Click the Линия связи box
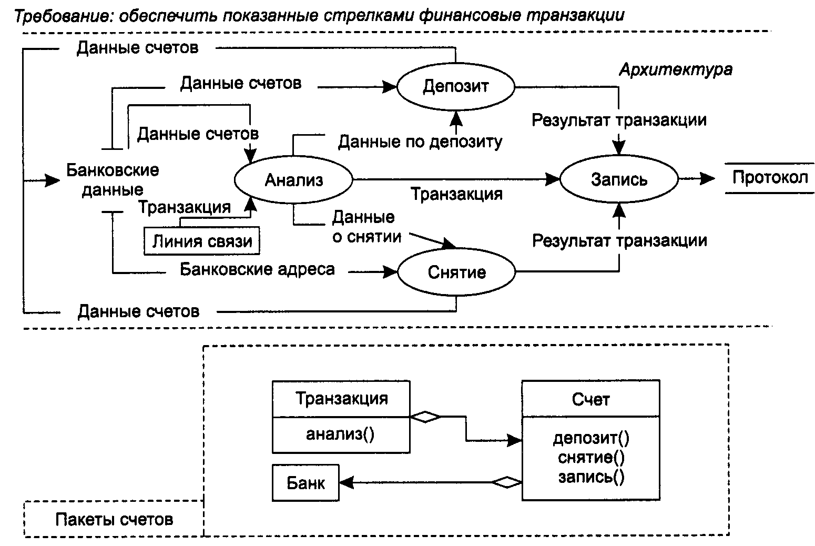(201, 241)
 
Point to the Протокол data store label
(770, 178)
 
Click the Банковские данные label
(113, 180)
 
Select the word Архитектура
(676, 69)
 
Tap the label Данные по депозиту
(420, 141)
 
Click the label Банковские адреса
(257, 269)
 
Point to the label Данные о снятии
(367, 227)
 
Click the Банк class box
(305, 483)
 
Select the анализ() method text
(340, 434)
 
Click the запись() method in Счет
(591, 477)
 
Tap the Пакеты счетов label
(114, 519)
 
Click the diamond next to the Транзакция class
(425, 417)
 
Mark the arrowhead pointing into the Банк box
(347, 483)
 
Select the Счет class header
(590, 399)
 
